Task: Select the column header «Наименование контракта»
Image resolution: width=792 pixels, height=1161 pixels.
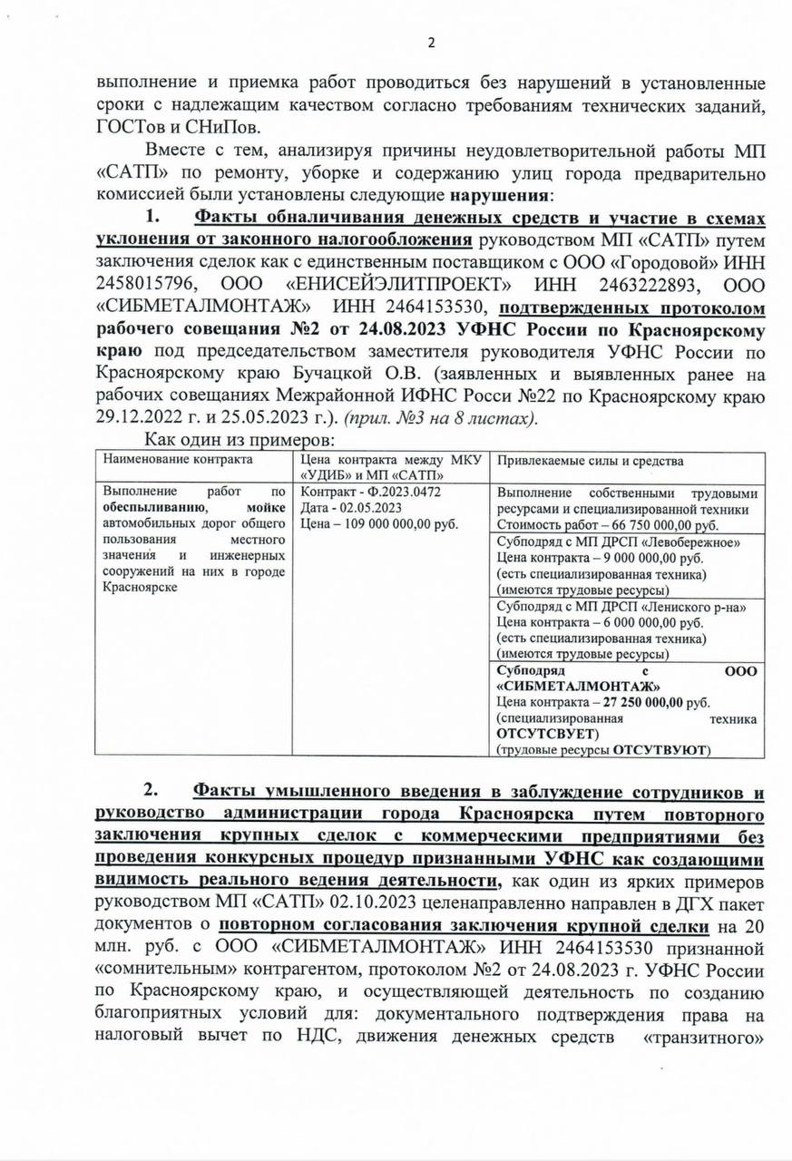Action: coord(178,460)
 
